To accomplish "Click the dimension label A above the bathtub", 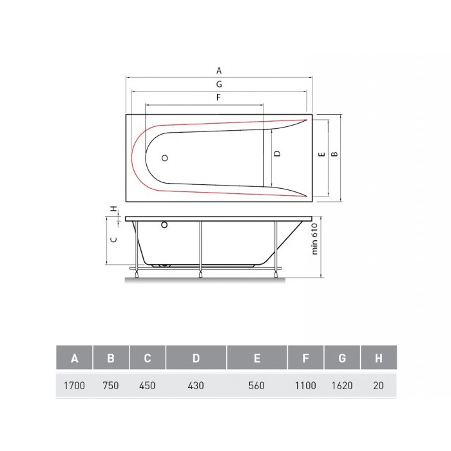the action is [219, 70].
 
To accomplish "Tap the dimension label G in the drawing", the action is [219, 84].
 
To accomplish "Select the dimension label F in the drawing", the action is [218, 97].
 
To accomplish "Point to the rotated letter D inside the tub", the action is [277, 153].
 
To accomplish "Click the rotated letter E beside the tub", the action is [322, 154].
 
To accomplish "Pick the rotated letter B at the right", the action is [334, 154].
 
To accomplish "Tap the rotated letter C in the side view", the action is [114, 239].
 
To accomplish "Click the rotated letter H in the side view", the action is [114, 209].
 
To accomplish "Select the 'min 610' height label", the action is [314, 239].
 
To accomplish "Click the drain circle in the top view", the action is [164, 158].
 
